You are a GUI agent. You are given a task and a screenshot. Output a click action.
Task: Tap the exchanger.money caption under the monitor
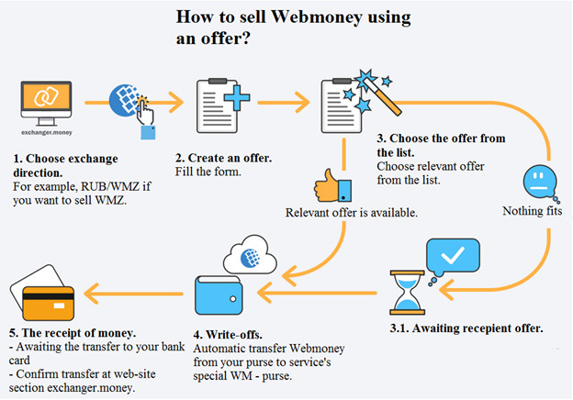[47, 132]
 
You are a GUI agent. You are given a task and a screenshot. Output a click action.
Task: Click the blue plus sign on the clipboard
[237, 98]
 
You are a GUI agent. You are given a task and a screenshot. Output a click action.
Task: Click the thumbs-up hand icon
[332, 186]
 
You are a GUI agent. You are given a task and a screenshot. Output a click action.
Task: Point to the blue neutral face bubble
[540, 183]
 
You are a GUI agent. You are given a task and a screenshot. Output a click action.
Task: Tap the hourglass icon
[407, 293]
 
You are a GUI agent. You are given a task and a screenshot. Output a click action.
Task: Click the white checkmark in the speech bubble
[453, 254]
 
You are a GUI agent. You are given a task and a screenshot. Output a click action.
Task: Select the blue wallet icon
[219, 295]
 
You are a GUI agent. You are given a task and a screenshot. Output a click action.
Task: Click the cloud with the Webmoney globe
[250, 255]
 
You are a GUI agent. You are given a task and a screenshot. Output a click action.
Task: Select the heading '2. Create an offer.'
[223, 158]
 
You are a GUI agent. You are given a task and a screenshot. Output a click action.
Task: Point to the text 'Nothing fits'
[532, 211]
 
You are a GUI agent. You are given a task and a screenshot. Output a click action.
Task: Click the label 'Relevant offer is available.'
[351, 213]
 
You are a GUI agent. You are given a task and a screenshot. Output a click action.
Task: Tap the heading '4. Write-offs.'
[228, 334]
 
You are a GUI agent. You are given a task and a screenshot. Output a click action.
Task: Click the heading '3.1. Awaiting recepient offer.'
[466, 328]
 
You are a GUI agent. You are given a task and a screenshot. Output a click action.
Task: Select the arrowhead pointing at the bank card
[91, 294]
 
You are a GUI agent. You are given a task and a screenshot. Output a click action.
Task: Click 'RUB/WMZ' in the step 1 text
[110, 186]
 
